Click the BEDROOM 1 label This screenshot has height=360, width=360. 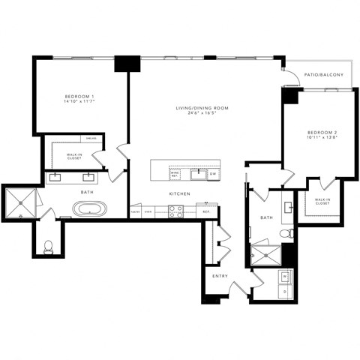79,97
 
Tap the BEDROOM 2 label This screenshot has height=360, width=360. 321,131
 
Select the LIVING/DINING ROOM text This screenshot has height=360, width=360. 202,108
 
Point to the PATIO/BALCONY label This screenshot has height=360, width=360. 324,75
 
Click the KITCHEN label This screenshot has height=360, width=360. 178,193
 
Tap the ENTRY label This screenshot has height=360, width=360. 220,275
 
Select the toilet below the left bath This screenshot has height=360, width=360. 49,246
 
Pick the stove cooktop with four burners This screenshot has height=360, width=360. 176,212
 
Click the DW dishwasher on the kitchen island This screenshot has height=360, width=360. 213,174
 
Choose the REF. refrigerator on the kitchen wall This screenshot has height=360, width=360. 205,212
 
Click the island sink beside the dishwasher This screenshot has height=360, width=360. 198,174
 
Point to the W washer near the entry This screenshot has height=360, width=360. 285,277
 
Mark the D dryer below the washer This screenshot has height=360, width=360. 285,291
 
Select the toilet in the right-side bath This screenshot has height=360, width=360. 284,235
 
